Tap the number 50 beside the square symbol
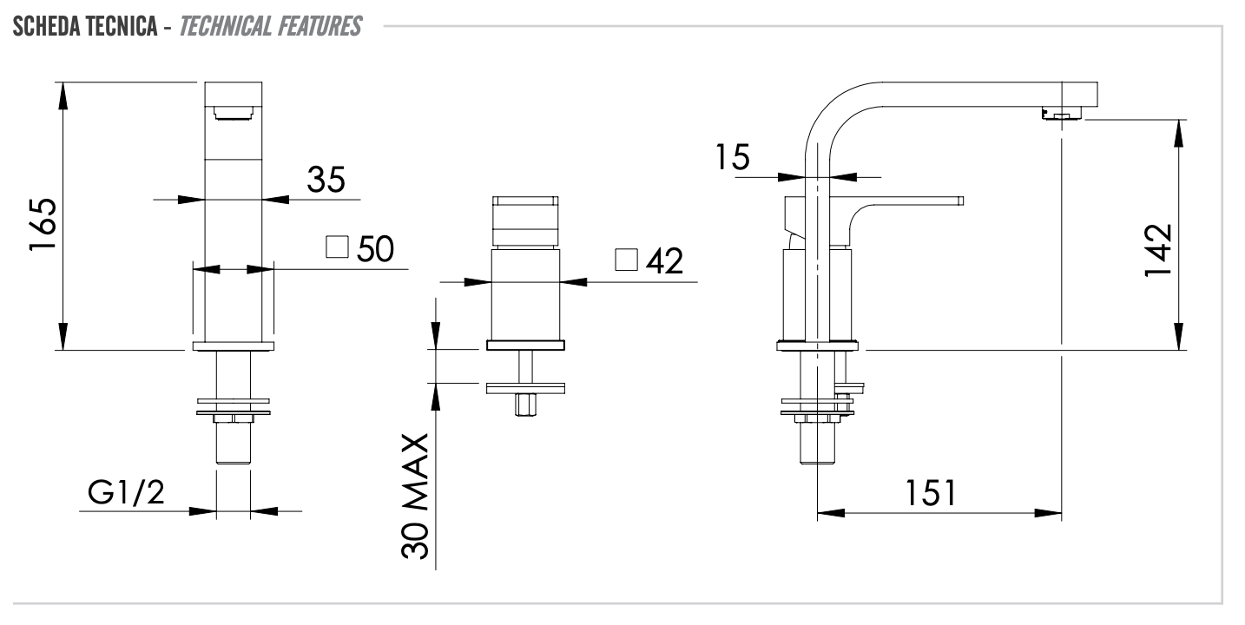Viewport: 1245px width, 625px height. click(375, 249)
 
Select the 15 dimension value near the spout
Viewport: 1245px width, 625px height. click(733, 158)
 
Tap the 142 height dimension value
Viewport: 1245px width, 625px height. click(1158, 251)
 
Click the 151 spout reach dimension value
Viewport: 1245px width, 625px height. click(931, 493)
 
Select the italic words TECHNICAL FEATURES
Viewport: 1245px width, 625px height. click(271, 27)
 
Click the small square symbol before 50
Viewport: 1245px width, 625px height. click(337, 247)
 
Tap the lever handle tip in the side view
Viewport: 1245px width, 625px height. click(959, 201)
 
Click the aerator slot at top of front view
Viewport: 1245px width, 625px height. click(233, 111)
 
